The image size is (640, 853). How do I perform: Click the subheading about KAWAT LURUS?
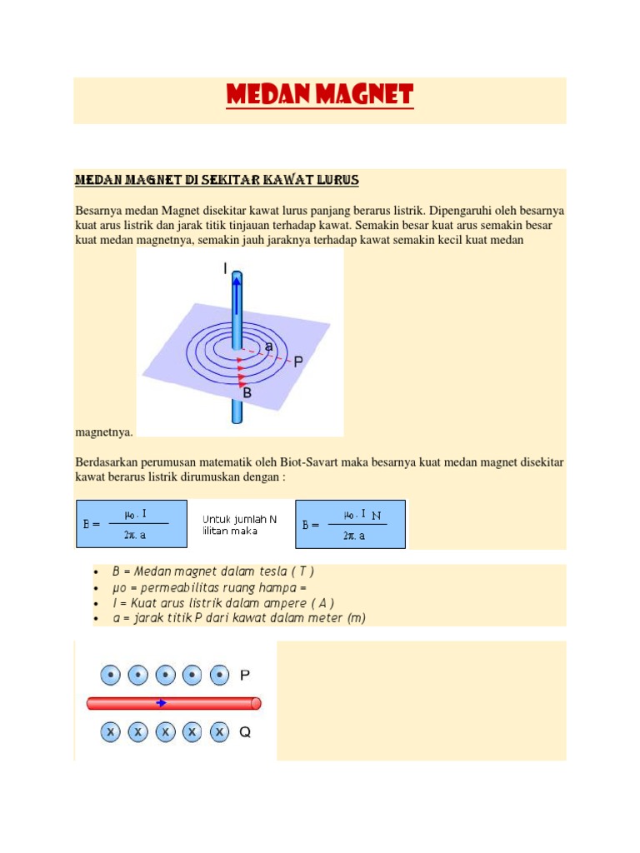[217, 180]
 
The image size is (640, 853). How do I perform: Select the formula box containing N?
[351, 524]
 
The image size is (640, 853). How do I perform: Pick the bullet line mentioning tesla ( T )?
[212, 571]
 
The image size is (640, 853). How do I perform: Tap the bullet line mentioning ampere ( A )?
[222, 602]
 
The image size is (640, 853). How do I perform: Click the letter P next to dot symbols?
[245, 675]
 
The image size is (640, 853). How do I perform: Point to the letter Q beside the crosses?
[245, 732]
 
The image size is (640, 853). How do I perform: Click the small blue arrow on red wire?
[161, 703]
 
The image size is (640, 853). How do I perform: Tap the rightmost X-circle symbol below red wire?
[218, 732]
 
